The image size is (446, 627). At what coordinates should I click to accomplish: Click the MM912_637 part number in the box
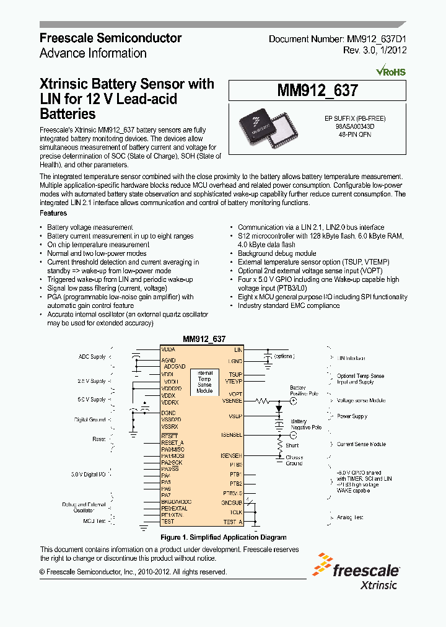[317, 91]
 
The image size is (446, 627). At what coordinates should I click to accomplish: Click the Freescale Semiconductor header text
[110, 38]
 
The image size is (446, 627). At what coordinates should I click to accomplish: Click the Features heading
[53, 213]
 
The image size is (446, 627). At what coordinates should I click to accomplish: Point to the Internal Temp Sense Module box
[204, 382]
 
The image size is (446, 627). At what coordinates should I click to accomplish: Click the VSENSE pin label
[232, 401]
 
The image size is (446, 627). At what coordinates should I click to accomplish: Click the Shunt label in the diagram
[292, 445]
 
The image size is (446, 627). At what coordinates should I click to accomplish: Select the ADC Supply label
[92, 357]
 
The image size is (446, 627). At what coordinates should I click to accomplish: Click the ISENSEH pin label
[231, 455]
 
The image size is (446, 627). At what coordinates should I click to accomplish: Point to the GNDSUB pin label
[232, 502]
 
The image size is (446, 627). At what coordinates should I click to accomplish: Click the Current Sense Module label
[361, 444]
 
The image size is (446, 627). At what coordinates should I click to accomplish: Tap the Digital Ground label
[90, 419]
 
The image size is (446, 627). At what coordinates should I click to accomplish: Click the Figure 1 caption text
[223, 537]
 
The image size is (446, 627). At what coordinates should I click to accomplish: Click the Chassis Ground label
[294, 460]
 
